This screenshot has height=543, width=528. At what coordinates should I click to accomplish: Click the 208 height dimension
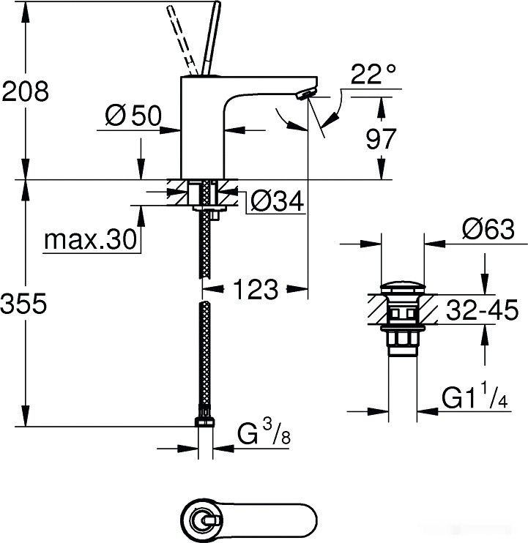pyautogui.click(x=26, y=92)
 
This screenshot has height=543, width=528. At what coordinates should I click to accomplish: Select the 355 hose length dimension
pyautogui.click(x=26, y=303)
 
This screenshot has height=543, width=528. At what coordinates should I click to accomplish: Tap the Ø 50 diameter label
pyautogui.click(x=133, y=116)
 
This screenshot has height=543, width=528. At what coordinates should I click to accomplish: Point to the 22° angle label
pyautogui.click(x=373, y=74)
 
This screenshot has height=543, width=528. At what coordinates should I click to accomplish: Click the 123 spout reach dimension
pyautogui.click(x=256, y=290)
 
